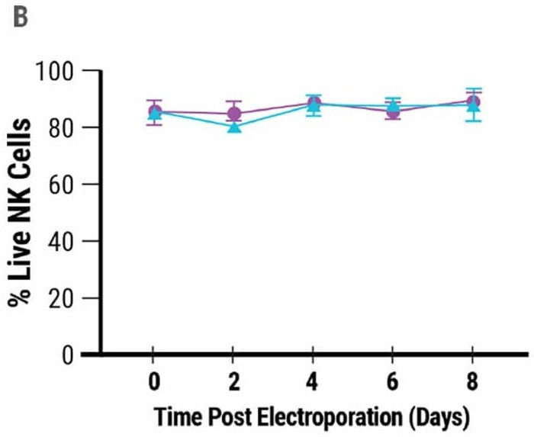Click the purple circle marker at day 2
click(234, 114)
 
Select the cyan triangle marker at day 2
click(234, 127)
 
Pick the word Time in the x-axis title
click(175, 417)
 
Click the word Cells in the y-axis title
click(21, 144)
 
